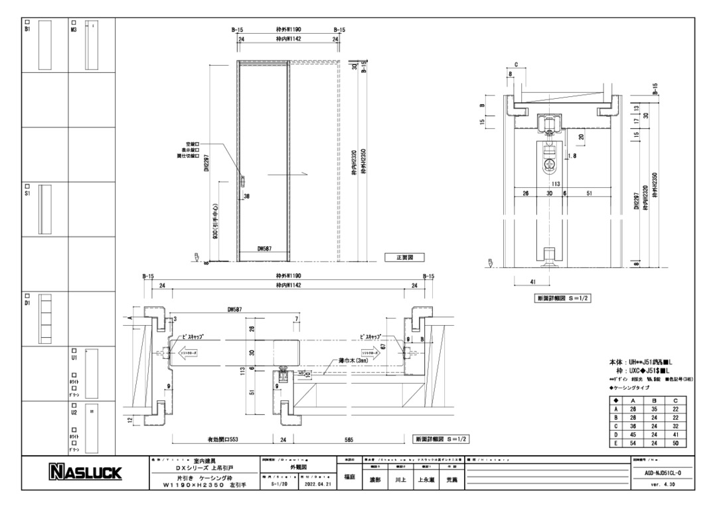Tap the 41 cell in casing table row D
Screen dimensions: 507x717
point(676,435)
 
